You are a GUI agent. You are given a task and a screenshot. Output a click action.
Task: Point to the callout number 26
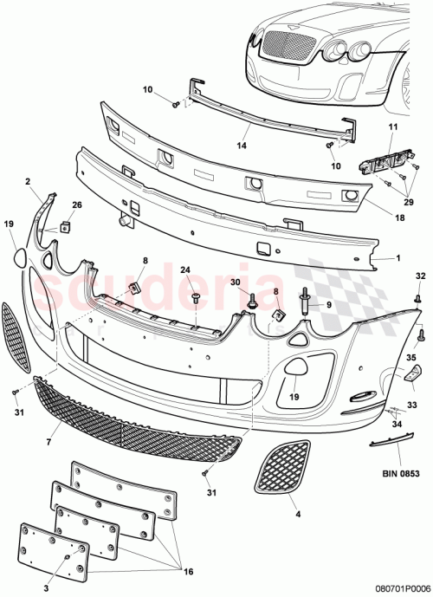[77, 204]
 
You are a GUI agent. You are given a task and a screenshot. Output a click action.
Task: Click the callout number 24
[185, 270]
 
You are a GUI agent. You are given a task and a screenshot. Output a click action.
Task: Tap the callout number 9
[329, 306]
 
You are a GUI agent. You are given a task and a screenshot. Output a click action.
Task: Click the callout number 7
[49, 443]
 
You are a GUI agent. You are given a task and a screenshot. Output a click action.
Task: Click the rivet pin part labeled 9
[307, 306]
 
